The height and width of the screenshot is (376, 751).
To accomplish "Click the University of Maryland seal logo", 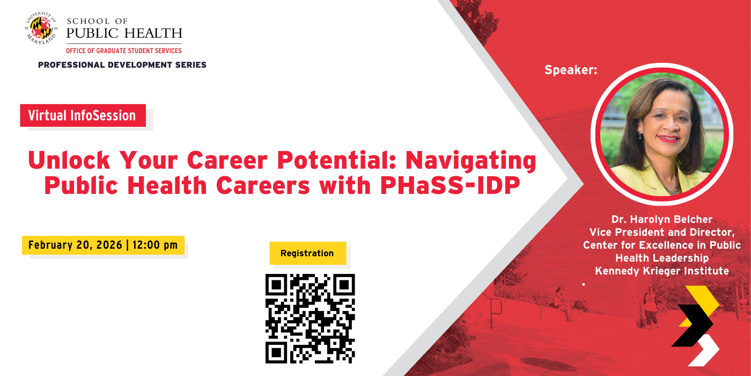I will [x=41, y=28].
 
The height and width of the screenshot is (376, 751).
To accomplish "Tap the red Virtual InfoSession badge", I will [x=83, y=115].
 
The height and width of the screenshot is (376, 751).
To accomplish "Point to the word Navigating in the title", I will [x=471, y=160].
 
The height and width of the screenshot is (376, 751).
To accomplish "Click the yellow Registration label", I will [x=307, y=253].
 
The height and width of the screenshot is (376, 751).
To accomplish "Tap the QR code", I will [x=310, y=318].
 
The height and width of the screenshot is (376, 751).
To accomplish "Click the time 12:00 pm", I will [x=155, y=245].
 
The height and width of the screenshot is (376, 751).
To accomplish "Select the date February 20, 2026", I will [x=75, y=245].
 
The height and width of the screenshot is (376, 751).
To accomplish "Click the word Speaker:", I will [x=571, y=70].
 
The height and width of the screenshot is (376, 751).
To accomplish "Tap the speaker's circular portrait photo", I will [x=661, y=134].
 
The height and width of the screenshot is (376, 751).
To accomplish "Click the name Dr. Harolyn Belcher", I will [x=661, y=220].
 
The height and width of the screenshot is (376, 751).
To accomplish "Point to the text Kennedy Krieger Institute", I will [x=661, y=271].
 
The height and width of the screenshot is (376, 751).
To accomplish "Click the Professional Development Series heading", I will [x=122, y=65].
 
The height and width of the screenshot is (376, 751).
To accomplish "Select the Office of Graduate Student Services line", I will [x=123, y=50].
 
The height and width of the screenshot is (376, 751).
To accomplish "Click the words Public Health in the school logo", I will [x=124, y=33].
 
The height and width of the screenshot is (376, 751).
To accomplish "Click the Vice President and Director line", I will [x=661, y=233].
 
